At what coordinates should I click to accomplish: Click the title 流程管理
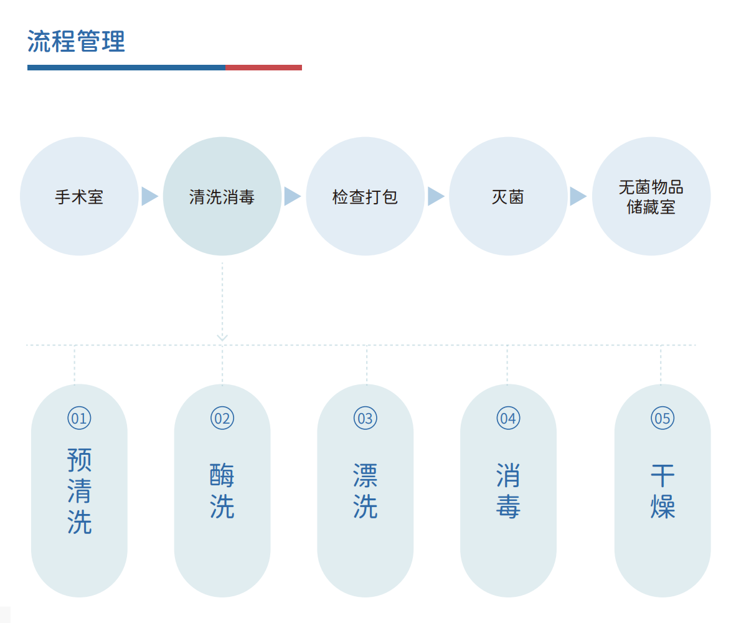76,41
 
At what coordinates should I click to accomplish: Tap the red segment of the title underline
263,67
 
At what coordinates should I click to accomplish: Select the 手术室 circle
79,196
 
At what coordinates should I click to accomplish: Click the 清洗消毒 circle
222,196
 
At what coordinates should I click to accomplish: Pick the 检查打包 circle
365,196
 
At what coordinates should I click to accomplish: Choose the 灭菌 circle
508,196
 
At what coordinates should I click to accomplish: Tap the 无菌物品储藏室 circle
651,196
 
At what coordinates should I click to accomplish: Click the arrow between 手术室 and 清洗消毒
149,196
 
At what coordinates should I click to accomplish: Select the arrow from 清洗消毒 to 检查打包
293,196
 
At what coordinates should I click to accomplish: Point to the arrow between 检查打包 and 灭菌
436,196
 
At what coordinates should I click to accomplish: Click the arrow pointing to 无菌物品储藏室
578,196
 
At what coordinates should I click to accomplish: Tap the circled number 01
79,418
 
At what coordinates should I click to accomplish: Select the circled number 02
222,418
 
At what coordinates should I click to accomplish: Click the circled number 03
365,418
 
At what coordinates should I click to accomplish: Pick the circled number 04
508,418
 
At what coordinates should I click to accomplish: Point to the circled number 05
662,418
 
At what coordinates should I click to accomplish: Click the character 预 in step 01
79,460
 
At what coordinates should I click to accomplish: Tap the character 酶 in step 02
222,475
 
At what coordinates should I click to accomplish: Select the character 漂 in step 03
365,475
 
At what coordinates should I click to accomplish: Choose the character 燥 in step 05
663,506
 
